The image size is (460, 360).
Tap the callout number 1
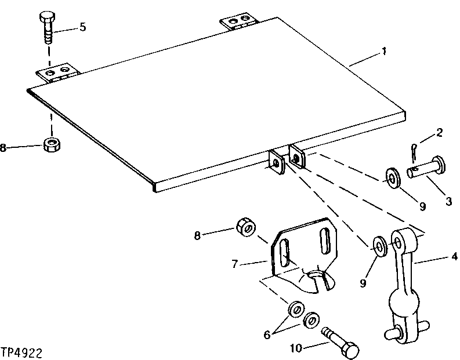384,52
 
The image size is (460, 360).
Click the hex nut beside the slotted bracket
244,227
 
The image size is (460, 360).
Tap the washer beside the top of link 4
380,245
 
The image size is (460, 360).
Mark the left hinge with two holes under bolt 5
57,74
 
